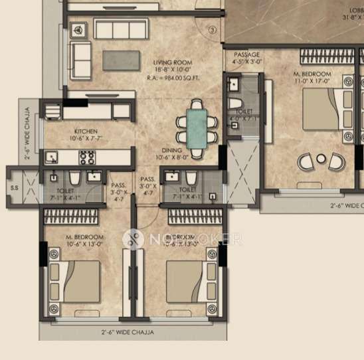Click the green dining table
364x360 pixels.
tap(197, 127)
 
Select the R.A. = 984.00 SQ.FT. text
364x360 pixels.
tap(167, 77)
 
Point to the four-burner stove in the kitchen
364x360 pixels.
tap(87, 157)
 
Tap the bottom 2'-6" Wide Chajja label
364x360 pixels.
tap(128, 331)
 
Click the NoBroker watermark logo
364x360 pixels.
tap(133, 238)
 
